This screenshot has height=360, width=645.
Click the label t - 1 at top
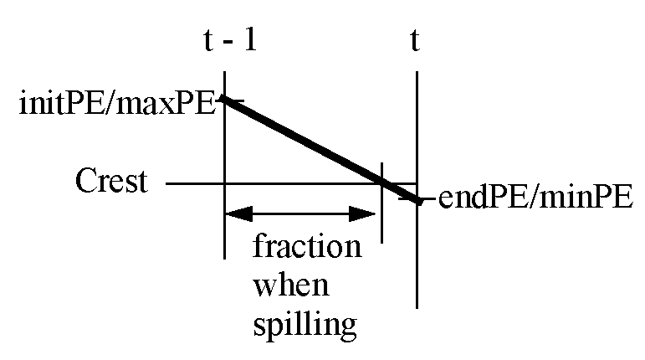(223, 40)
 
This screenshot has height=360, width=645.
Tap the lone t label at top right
(415, 40)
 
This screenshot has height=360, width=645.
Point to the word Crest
(110, 182)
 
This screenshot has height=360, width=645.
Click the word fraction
(307, 249)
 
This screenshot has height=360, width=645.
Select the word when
(291, 285)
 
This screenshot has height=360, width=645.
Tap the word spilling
(305, 323)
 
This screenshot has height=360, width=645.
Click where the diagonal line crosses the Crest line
(383, 183)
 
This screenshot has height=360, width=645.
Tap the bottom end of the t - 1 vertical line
(225, 256)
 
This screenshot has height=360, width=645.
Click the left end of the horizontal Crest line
(167, 183)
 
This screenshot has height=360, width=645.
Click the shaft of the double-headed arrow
(303, 214)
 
